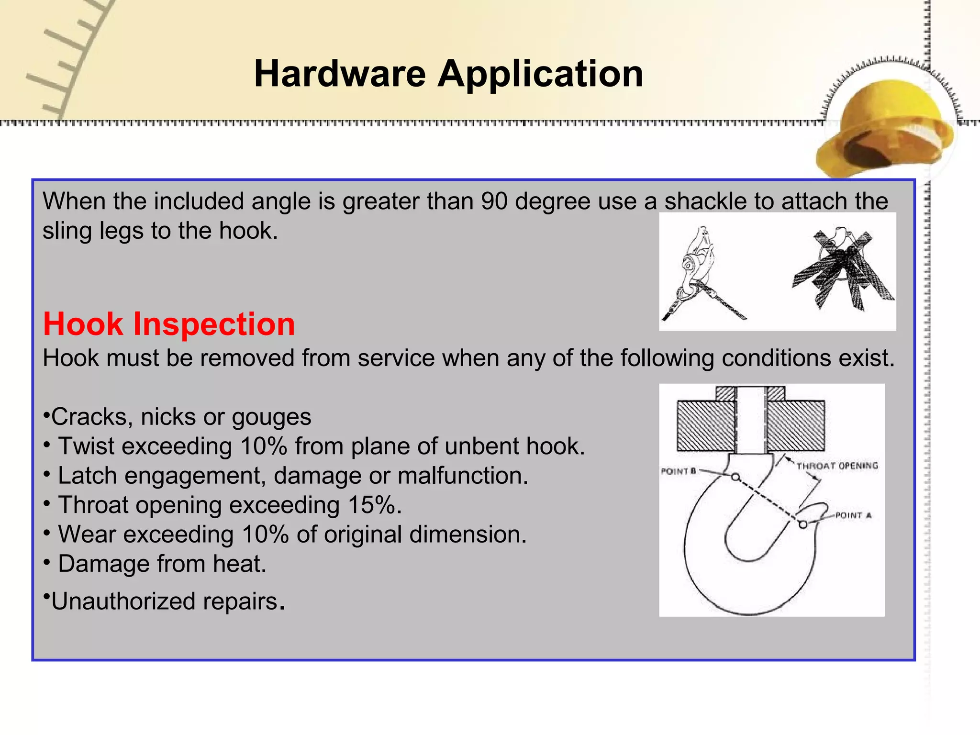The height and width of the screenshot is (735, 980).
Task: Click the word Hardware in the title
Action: (339, 74)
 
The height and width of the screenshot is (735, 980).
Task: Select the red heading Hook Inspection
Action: (169, 324)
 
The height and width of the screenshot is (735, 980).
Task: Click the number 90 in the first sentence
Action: (494, 201)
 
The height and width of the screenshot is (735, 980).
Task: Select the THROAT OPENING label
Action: (837, 466)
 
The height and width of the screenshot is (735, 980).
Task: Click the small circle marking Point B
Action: (736, 477)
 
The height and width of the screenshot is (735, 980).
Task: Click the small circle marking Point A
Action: (803, 524)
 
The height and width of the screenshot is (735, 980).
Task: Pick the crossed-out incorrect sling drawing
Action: (843, 270)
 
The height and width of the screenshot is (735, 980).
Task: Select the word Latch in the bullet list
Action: (87, 476)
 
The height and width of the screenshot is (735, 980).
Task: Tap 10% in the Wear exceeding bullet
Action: (265, 535)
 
